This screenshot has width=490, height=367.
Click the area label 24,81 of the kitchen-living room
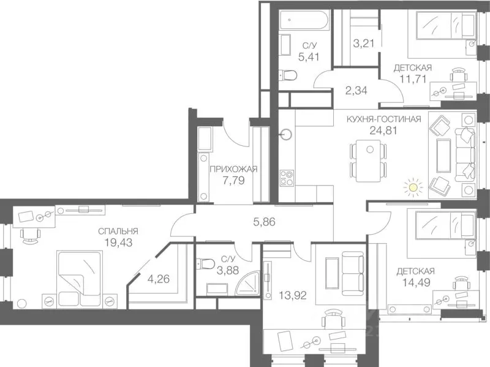(383, 130)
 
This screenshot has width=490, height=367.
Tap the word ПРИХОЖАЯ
(233, 170)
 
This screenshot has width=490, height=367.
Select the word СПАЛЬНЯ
(118, 232)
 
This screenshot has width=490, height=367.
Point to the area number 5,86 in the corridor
(265, 222)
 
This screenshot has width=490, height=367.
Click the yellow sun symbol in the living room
(413, 187)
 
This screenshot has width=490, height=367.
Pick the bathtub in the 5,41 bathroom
(304, 20)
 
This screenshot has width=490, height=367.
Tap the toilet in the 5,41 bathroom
(287, 75)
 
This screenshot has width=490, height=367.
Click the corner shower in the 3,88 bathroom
(247, 283)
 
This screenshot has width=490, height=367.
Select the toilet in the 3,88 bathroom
(205, 264)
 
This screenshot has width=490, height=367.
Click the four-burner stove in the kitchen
(287, 178)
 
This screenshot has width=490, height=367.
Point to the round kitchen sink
(286, 135)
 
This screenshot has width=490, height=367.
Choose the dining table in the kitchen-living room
(369, 161)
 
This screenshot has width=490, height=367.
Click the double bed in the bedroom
(80, 279)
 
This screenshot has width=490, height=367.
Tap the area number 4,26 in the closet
(159, 279)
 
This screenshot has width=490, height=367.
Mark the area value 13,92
(293, 295)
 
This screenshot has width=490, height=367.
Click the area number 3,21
(364, 43)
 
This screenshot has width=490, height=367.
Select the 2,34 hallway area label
(356, 91)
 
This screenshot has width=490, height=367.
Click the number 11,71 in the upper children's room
(413, 79)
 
